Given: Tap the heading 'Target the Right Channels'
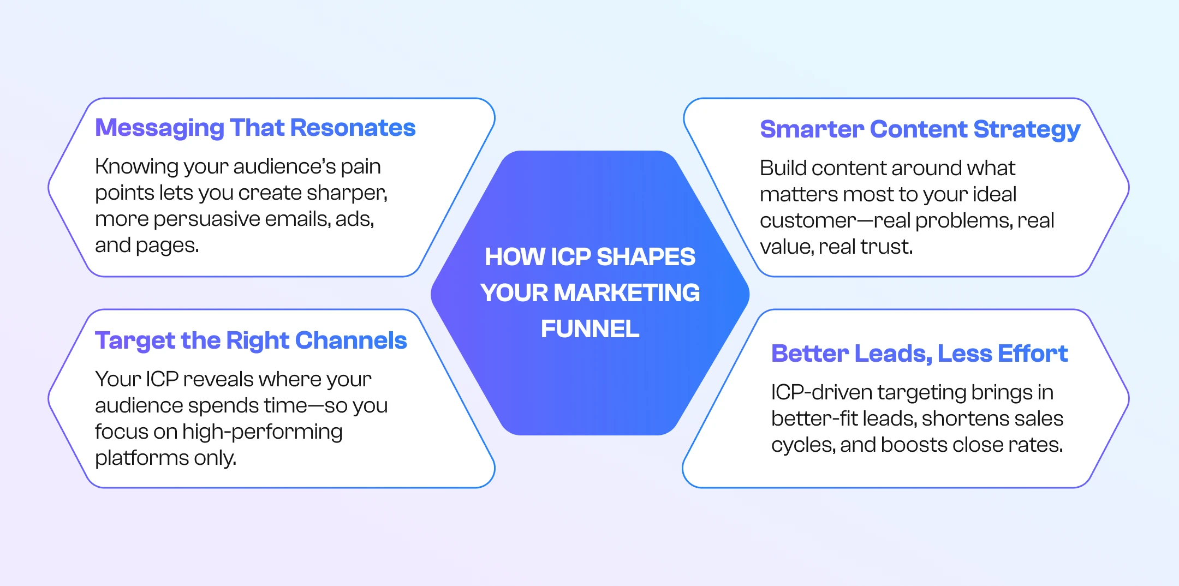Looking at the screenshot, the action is [251, 341].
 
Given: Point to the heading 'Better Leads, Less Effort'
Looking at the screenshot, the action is [920, 354].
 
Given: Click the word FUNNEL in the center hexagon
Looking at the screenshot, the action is [590, 329].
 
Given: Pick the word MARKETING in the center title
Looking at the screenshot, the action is [627, 293].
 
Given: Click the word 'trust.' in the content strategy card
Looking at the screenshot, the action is [886, 247].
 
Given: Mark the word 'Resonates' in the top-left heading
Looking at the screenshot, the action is [353, 128].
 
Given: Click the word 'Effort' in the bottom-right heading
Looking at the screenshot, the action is [1033, 354].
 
